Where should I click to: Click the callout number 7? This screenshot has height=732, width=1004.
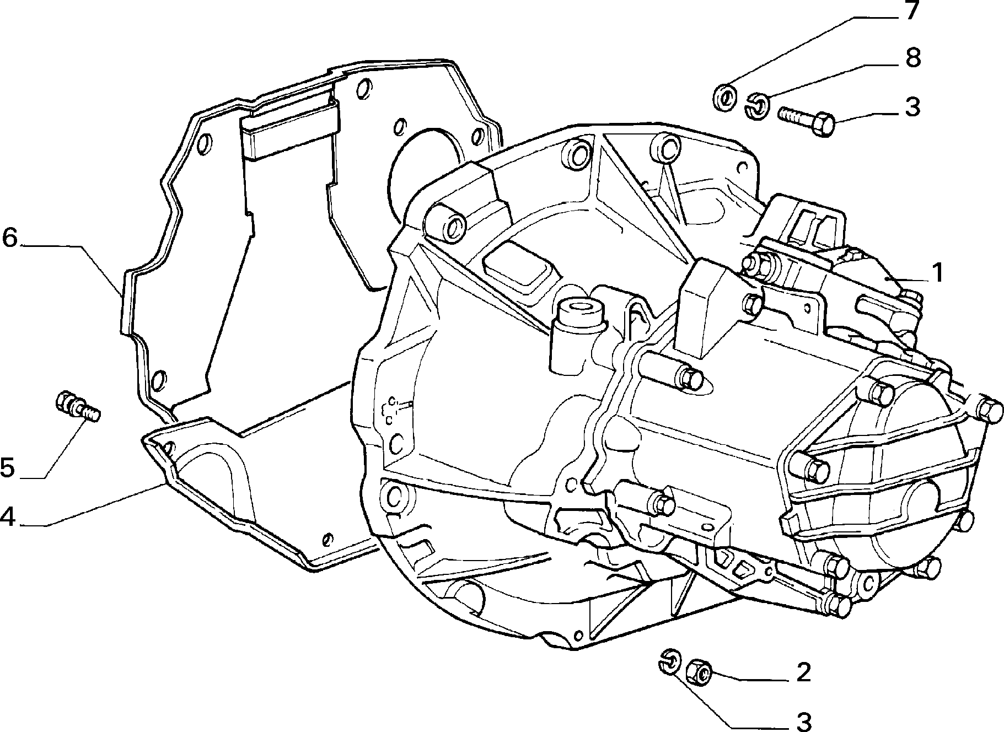point(910,10)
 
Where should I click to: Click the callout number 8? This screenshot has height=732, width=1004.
point(913,58)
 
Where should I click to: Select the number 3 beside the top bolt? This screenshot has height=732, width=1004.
point(912,106)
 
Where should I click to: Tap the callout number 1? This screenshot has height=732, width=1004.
point(937,273)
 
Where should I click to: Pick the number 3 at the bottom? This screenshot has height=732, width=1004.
point(803,721)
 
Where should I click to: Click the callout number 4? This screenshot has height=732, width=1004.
point(9,516)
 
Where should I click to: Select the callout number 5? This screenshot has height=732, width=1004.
point(8,468)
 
